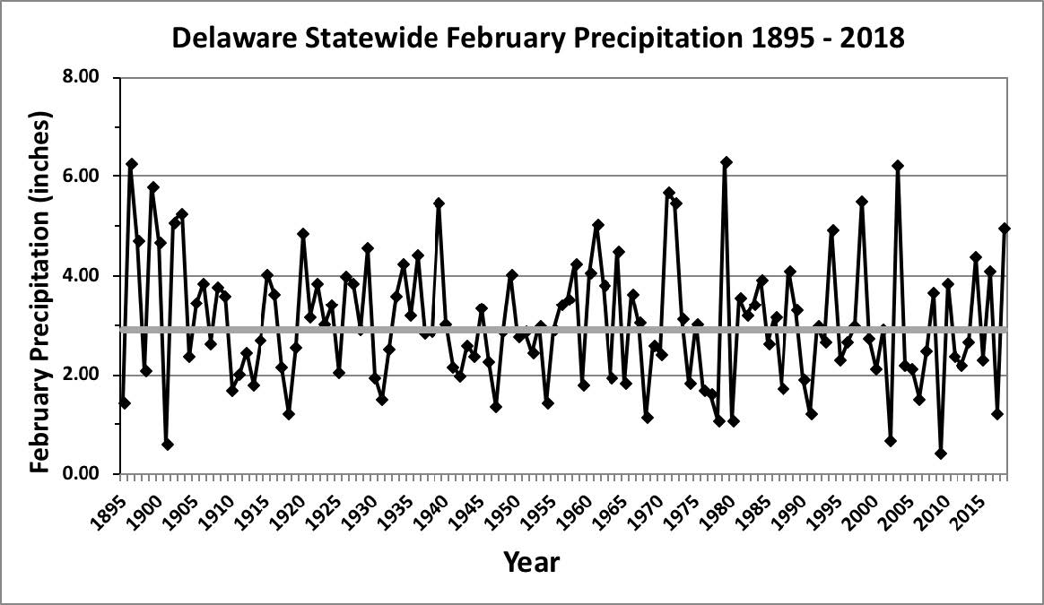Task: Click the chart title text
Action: point(537,38)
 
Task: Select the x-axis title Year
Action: point(531,562)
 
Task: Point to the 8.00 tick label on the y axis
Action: point(88,77)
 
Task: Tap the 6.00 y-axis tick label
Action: point(88,177)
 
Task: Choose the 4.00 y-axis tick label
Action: point(88,276)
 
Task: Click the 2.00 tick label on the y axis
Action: point(88,375)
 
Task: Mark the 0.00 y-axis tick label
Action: point(88,474)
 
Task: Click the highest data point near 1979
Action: point(726,162)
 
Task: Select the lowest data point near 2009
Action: point(940,454)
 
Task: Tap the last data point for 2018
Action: point(1005,229)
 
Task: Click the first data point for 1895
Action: point(125,403)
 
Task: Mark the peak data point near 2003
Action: point(897,166)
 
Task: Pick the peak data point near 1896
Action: point(132,164)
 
